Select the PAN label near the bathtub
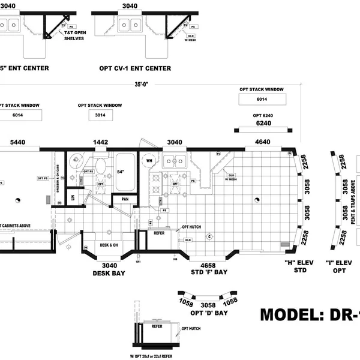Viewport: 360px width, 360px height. pyautogui.click(x=125, y=199)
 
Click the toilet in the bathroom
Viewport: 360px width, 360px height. pyautogui.click(x=100, y=164)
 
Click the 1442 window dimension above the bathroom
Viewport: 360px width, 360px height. pyautogui.click(x=101, y=142)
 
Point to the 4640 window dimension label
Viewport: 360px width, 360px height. pyautogui.click(x=262, y=142)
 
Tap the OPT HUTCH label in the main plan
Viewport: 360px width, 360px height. pyautogui.click(x=191, y=227)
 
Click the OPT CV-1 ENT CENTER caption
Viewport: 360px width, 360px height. pyautogui.click(x=135, y=68)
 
